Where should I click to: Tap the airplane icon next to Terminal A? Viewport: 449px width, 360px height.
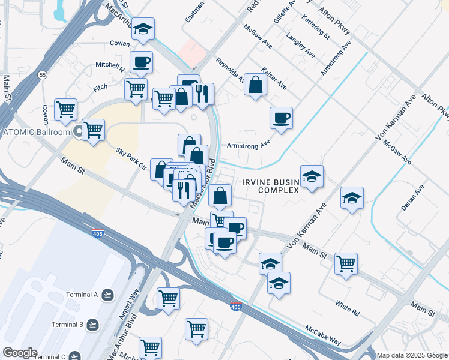coord(107,295)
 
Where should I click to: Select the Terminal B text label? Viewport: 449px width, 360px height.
coord(67,325)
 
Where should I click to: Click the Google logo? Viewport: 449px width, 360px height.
coord(20,353)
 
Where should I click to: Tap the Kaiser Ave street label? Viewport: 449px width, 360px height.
coord(274,78)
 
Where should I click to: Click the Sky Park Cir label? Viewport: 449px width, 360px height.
coord(131,158)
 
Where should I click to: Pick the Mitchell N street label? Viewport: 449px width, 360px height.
coord(110,66)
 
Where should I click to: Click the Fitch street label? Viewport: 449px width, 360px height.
coord(100,88)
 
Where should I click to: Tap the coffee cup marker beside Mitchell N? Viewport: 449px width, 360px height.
coord(141,62)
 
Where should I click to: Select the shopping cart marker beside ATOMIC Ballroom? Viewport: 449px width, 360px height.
coord(92,130)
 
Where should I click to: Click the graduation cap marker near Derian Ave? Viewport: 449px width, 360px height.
coord(352,197)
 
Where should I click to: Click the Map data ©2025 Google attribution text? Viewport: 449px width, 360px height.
coord(412,355)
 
